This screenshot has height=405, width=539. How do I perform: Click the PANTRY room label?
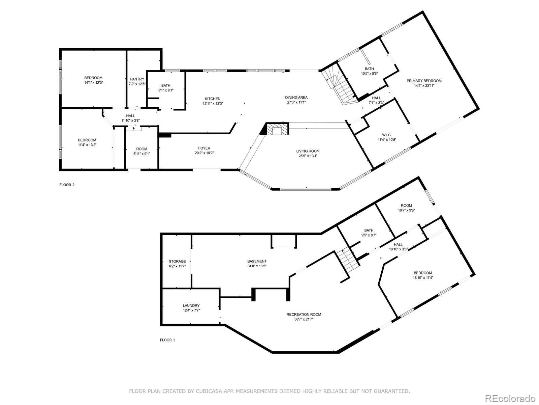137,79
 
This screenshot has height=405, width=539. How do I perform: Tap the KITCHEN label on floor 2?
212,99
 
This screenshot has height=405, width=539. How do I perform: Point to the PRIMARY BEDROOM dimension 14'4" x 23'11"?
424,86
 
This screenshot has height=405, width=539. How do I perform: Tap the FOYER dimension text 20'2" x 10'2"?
204,153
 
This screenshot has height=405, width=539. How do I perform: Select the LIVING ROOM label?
308,151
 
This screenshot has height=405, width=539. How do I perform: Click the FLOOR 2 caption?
67,185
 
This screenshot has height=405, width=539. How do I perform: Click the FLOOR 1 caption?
167,340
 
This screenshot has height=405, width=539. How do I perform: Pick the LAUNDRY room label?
191,305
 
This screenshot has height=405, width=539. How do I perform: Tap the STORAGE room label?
177,261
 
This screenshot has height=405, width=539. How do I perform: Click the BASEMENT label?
257,261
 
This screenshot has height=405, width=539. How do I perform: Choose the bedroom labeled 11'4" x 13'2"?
87,140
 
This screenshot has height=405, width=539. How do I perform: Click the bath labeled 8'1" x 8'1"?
165,85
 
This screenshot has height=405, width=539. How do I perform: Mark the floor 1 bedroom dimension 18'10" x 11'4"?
422,278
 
